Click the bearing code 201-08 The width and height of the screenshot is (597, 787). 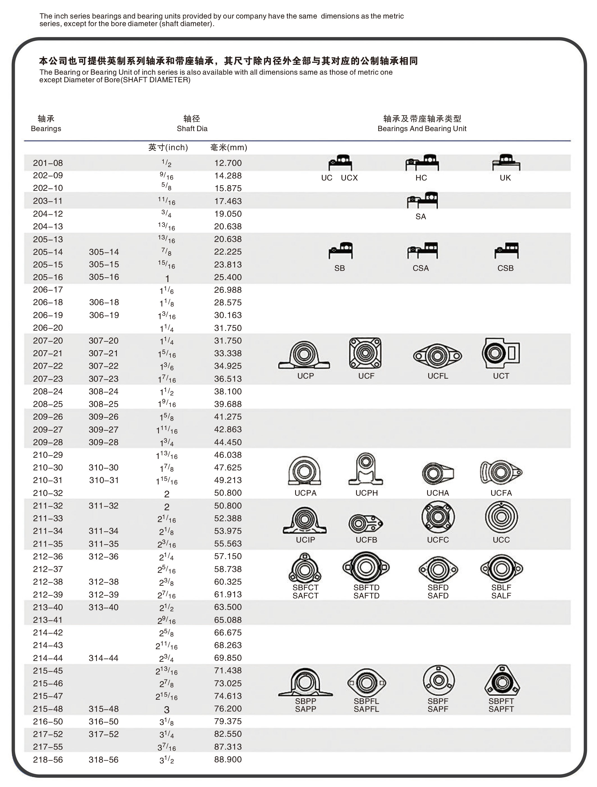click(48, 163)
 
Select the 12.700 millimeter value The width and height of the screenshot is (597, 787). click(228, 163)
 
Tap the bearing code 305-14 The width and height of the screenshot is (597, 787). click(104, 252)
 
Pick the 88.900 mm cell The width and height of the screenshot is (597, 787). click(228, 759)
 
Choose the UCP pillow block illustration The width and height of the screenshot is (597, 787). click(304, 355)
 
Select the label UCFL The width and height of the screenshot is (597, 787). click(438, 376)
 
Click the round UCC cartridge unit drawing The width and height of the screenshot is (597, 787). click(501, 517)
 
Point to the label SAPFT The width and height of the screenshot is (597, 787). click(501, 709)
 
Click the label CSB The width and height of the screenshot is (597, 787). click(505, 268)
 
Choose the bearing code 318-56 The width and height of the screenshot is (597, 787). click(104, 759)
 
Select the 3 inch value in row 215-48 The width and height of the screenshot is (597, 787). click(167, 710)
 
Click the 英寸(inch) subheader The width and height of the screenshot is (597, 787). click(168, 147)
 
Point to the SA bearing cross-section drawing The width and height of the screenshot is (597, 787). click(423, 200)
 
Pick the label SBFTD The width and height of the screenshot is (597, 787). click(366, 587)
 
